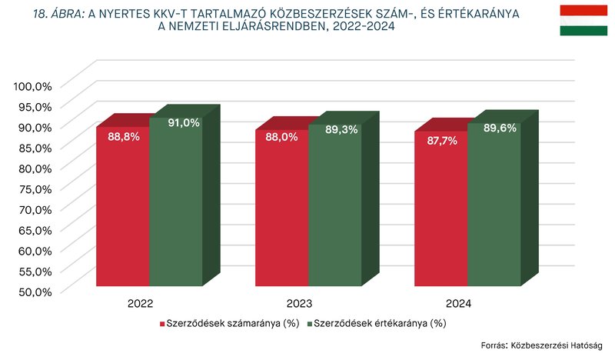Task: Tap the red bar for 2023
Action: click(281, 212)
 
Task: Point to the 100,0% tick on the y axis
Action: click(32, 85)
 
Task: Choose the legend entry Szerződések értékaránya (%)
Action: click(377, 323)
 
